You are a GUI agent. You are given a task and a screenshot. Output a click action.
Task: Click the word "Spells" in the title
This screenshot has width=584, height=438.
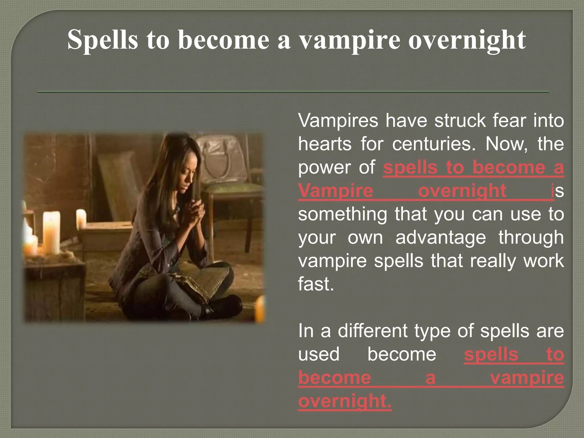(x=102, y=40)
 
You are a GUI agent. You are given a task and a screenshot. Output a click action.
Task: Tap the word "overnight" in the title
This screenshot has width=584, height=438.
(x=467, y=40)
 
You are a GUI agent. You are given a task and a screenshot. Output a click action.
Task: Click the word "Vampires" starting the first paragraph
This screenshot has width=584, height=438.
(x=338, y=121)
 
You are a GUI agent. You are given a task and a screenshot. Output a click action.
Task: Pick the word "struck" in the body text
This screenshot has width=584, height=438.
(x=460, y=121)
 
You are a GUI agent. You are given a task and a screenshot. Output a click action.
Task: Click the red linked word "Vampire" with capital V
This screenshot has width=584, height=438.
(x=336, y=191)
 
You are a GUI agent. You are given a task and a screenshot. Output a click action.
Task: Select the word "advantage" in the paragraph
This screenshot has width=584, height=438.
(x=441, y=238)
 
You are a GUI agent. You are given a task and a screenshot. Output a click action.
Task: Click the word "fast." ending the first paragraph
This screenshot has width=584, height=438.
(x=316, y=284)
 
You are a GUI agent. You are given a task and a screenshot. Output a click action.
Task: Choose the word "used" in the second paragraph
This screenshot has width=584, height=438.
(x=319, y=354)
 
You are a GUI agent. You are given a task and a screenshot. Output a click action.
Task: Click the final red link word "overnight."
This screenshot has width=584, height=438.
(x=345, y=401)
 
